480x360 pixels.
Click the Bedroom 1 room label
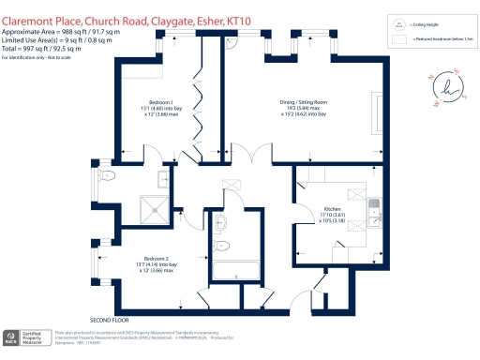point(161,106)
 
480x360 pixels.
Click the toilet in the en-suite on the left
point(107,175)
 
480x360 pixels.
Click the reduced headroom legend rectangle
point(398,40)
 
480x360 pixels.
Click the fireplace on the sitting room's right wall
point(378,106)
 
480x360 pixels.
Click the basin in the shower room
point(220,223)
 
